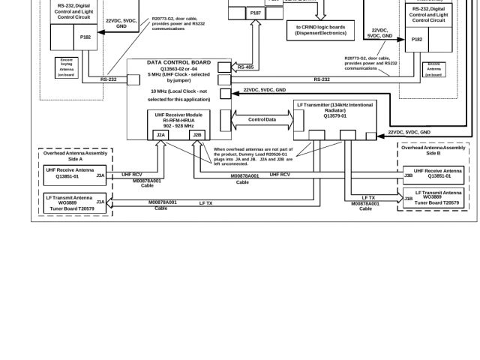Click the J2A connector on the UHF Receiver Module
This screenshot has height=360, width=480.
click(x=161, y=134)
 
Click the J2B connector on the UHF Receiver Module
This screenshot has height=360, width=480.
click(x=197, y=134)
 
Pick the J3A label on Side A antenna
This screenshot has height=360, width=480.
click(x=100, y=175)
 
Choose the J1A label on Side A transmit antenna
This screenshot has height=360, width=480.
click(x=100, y=201)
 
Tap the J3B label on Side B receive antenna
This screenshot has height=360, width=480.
click(x=408, y=175)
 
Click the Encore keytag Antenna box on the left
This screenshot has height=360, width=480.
click(x=66, y=65)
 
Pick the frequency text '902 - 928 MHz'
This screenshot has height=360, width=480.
click(x=179, y=125)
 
